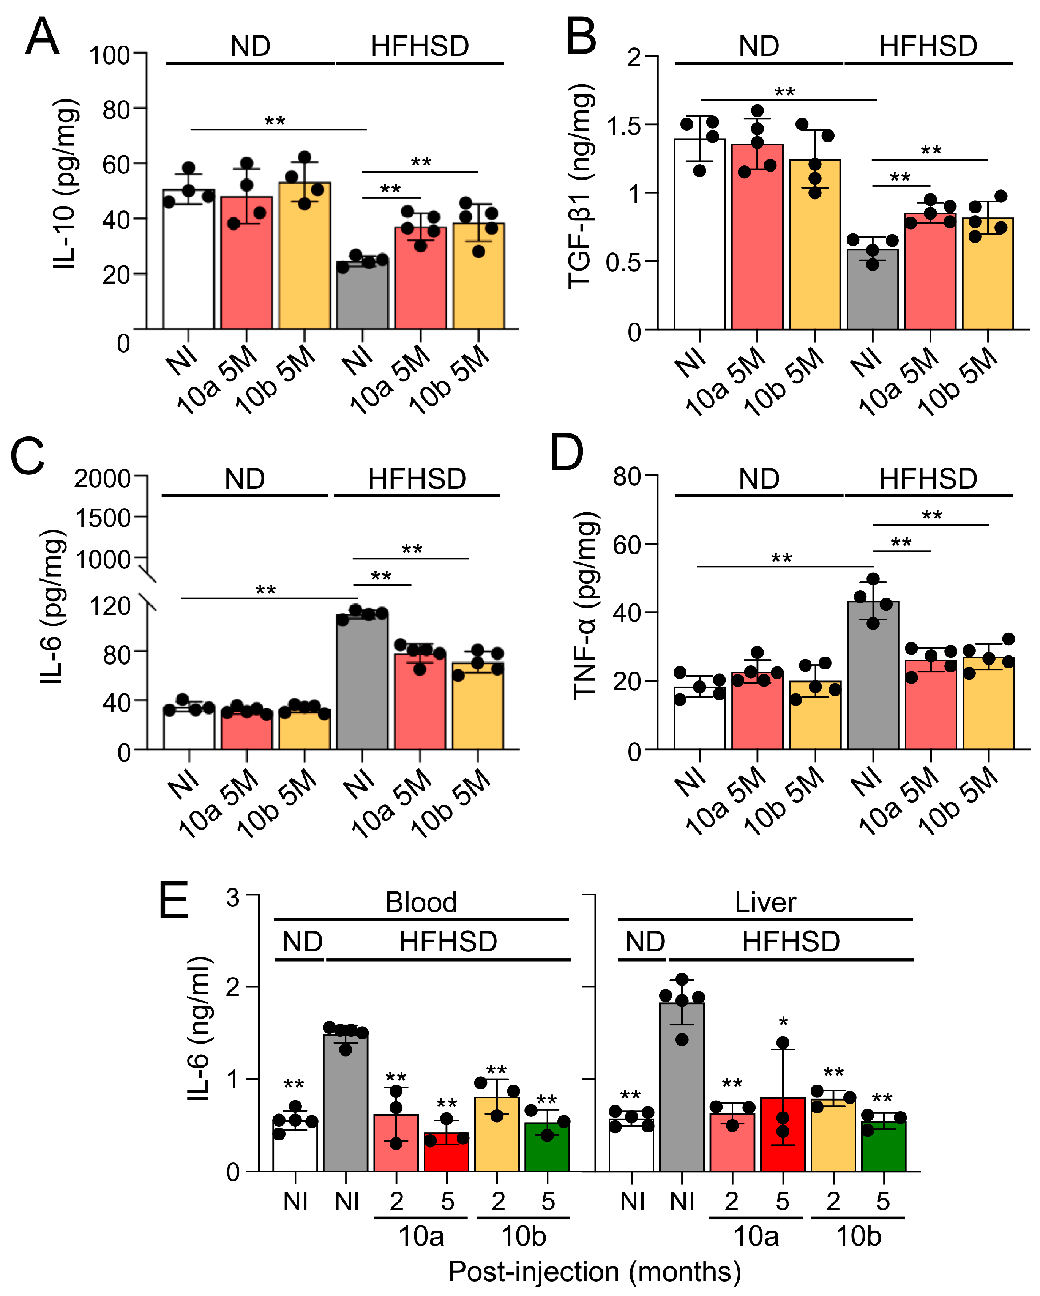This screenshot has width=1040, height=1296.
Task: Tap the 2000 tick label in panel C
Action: click(x=102, y=479)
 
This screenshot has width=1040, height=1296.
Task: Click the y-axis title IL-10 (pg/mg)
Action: click(x=65, y=183)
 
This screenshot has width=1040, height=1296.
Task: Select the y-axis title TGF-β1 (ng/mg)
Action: click(x=581, y=186)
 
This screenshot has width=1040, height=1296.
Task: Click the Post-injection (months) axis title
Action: click(x=594, y=1271)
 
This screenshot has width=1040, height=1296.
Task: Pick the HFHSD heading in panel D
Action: click(x=928, y=479)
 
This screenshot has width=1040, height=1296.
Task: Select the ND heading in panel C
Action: click(x=245, y=479)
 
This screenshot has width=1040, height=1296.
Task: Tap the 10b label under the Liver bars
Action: click(x=859, y=1236)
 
